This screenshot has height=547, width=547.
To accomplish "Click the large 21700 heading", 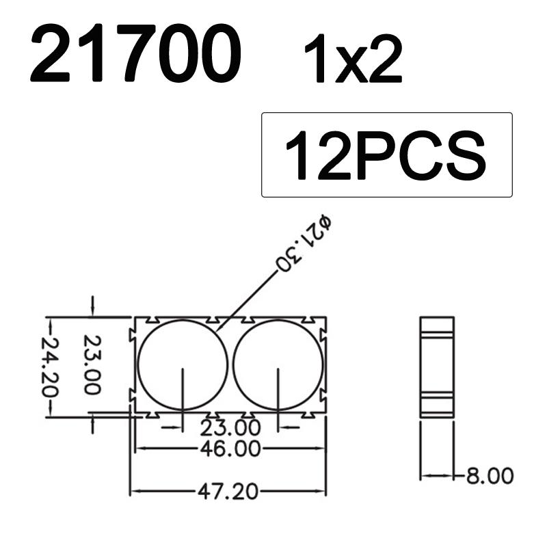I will click(136, 55).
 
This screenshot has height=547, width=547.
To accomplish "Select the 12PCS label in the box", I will click(386, 155).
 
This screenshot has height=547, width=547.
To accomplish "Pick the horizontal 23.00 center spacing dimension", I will click(230, 428).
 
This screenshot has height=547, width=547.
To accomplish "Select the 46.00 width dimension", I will click(230, 449).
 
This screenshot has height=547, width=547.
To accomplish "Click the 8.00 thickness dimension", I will click(489, 475).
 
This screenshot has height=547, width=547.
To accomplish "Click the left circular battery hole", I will click(183, 365).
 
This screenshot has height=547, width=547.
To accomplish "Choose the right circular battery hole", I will click(278, 365).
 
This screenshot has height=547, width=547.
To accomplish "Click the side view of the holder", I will click(437, 366).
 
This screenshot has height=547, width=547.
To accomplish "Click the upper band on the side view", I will click(437, 334).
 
